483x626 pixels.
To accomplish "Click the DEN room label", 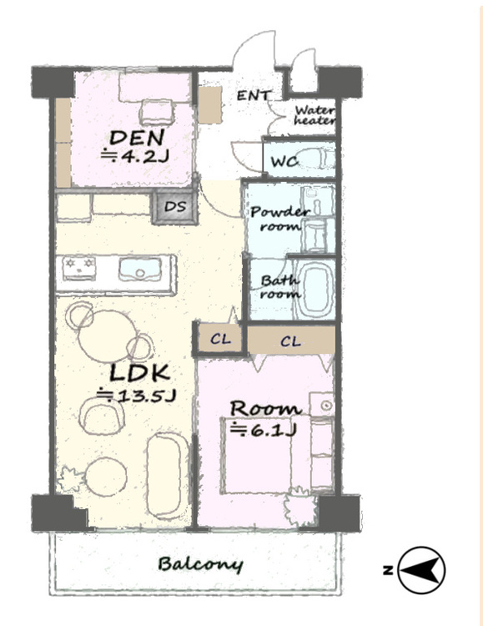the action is click(137, 138).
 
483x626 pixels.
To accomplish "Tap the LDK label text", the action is click(139, 373).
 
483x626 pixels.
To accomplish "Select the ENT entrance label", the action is click(254, 95).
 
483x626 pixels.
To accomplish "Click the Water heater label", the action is click(314, 115).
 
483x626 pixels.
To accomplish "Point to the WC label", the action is click(284, 161).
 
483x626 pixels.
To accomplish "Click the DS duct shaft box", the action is click(175, 207).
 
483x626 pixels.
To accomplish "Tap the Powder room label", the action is click(279, 218).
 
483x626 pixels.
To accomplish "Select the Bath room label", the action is click(279, 287).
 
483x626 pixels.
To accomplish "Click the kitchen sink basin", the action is click(139, 268).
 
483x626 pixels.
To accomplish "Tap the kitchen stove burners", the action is click(79, 266).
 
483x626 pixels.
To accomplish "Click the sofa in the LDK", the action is click(168, 476).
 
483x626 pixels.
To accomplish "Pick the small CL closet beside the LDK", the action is click(220, 339).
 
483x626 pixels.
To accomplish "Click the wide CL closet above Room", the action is click(291, 341).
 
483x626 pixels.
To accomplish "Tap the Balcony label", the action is click(200, 564).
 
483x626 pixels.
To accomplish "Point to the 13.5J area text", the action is click(137, 396).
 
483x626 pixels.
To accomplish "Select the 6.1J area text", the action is click(264, 430).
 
